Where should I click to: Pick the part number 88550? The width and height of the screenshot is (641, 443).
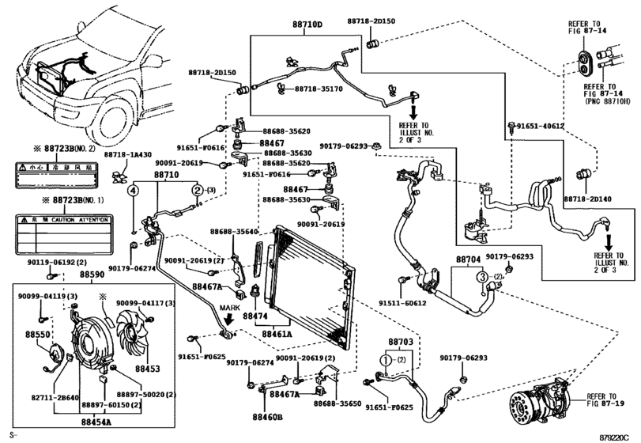pyautogui.click(x=36, y=335)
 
